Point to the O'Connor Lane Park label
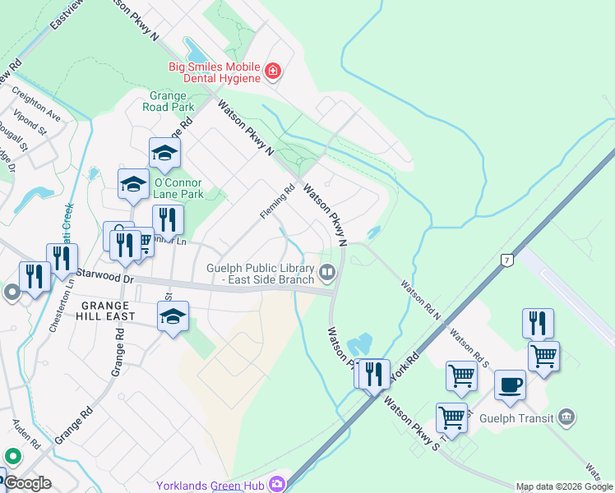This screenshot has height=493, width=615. (179, 188)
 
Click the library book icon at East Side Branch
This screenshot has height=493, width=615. (327, 271)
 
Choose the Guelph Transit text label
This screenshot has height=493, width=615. (520, 417)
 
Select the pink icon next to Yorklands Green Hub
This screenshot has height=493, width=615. (277, 485)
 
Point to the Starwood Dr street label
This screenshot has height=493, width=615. (104, 276)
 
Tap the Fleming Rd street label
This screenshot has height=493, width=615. (277, 201)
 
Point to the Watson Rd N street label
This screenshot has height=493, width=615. (421, 299)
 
